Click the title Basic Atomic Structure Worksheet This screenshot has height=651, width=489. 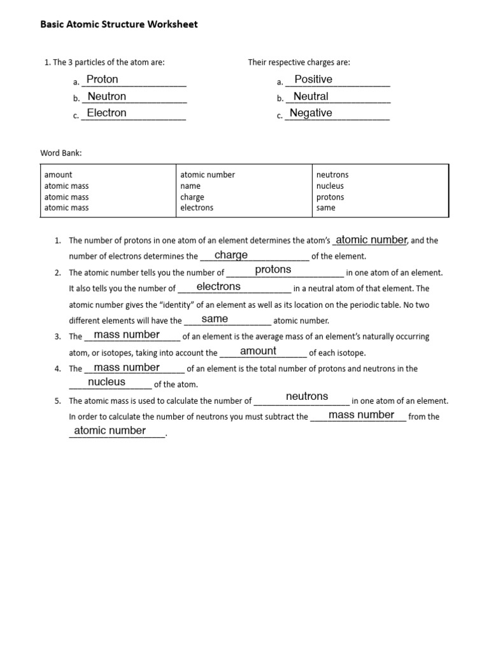[x=119, y=25]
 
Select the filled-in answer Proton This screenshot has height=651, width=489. [x=103, y=79]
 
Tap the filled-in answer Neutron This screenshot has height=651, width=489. [x=107, y=97]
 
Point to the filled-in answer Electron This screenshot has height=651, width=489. [x=106, y=113]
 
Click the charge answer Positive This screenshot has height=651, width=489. [x=313, y=79]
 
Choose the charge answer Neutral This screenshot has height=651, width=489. [x=311, y=97]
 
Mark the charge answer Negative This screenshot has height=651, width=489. [x=311, y=113]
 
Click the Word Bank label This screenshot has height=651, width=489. [x=61, y=153]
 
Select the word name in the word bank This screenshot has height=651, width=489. [x=190, y=186]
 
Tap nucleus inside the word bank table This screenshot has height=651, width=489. [x=330, y=186]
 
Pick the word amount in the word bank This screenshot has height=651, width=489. [x=58, y=175]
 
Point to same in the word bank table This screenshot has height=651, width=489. [x=325, y=208]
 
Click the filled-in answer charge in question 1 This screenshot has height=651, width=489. [x=231, y=255]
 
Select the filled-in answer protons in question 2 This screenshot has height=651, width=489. [x=273, y=270]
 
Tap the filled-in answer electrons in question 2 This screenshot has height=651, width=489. [x=218, y=287]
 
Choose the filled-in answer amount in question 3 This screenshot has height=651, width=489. [x=258, y=351]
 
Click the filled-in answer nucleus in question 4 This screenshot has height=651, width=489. [x=107, y=382]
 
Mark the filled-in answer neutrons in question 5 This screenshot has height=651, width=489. [x=307, y=397]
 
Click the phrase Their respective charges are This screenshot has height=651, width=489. [x=299, y=62]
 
